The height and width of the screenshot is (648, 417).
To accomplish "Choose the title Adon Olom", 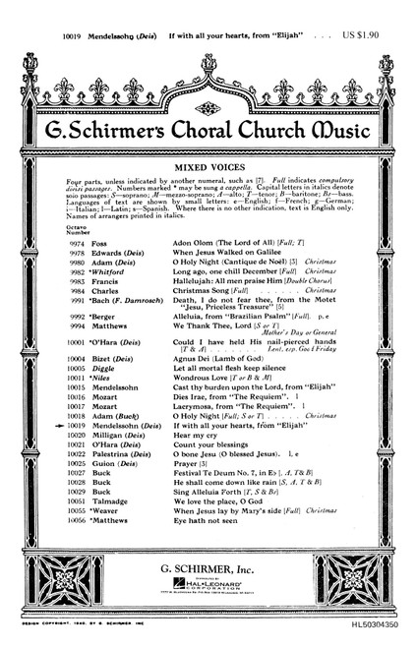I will click(216, 242).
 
